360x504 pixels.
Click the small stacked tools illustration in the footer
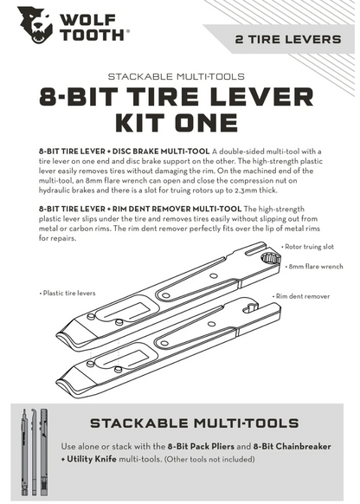tap(30, 449)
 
